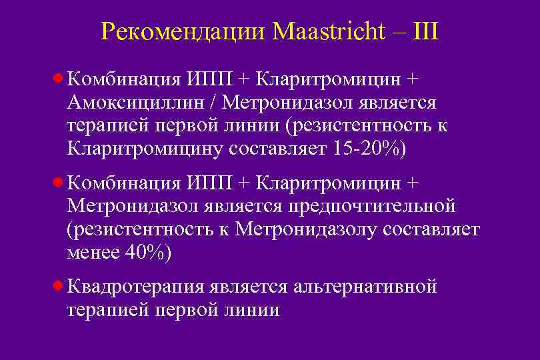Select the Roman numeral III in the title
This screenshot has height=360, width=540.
[x=425, y=31]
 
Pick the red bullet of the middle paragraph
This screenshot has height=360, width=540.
[x=58, y=183]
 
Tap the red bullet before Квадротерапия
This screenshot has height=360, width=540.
[x=58, y=286]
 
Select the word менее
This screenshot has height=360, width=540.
[x=91, y=253]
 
